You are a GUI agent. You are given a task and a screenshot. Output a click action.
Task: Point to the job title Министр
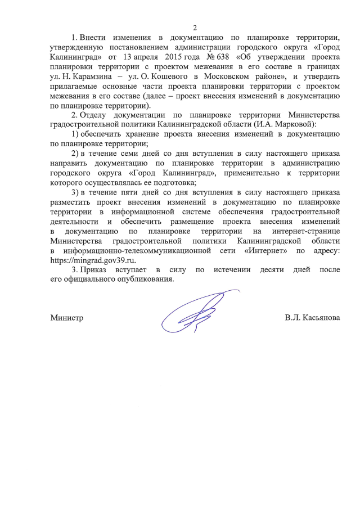click(67, 318)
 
